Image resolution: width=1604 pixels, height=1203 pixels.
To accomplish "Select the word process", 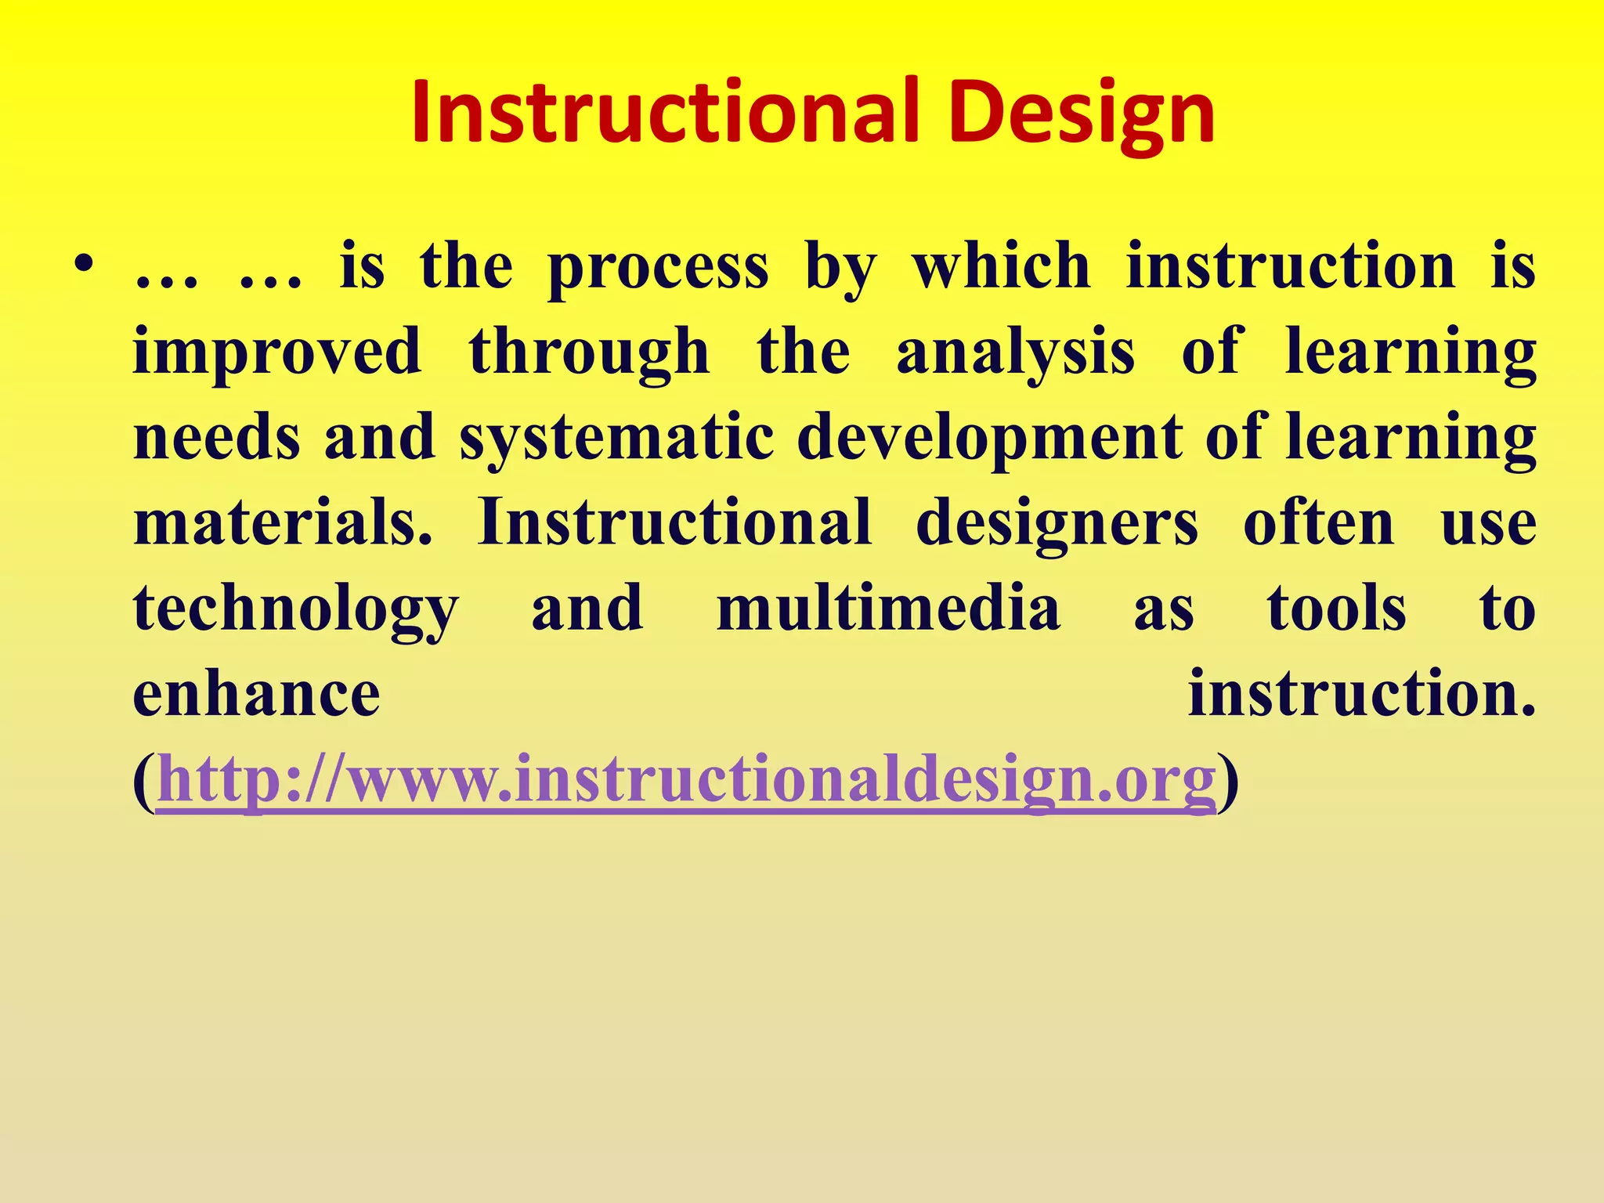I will click(658, 269).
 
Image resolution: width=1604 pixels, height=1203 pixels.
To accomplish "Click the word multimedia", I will click(888, 609).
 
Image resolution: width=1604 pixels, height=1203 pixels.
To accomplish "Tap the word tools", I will click(1336, 609).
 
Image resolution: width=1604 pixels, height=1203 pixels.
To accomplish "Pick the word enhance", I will click(256, 694).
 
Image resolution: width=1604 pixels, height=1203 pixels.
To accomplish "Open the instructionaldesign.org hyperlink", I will click(686, 780).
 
